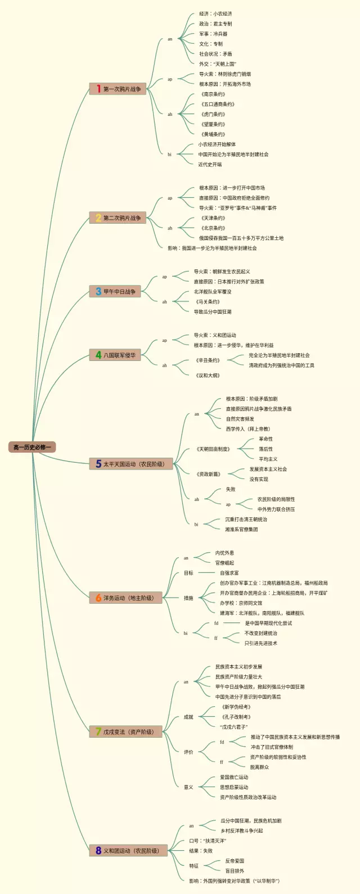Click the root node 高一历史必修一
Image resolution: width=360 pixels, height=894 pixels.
click(x=32, y=447)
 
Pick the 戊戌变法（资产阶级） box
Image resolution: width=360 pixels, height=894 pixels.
click(x=128, y=732)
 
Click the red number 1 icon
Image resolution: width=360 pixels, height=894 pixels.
click(x=98, y=89)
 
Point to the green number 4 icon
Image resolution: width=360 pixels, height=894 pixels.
click(x=98, y=355)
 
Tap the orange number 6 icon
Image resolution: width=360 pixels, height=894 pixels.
click(x=98, y=598)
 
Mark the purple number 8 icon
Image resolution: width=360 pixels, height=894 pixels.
click(x=98, y=851)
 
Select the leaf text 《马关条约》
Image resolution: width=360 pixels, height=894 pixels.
click(x=207, y=302)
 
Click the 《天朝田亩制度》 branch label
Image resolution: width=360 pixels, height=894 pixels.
click(x=213, y=449)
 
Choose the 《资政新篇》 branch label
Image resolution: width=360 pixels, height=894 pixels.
click(x=208, y=474)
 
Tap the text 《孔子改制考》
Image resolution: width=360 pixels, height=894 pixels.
click(x=236, y=717)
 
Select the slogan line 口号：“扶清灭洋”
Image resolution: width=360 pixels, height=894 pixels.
click(x=207, y=841)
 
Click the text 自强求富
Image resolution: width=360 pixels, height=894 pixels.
click(x=229, y=573)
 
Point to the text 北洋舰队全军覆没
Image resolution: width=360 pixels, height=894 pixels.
click(x=213, y=292)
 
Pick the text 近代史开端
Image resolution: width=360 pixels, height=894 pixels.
click(x=210, y=165)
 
